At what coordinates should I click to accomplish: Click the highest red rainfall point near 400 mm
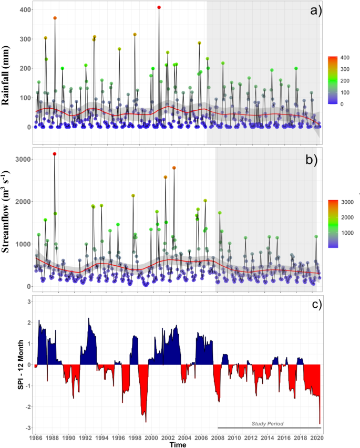click(159, 7)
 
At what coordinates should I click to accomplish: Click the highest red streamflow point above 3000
click(55, 154)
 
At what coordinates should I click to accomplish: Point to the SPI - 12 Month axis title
click(14, 364)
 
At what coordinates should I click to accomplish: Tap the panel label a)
click(315, 11)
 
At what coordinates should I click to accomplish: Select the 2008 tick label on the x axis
click(217, 437)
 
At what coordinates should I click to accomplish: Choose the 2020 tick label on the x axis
click(316, 437)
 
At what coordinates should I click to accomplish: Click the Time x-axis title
click(177, 444)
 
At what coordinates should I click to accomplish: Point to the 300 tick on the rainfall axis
click(24, 39)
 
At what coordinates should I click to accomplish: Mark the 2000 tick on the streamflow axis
click(22, 202)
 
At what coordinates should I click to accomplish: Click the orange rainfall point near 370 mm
click(55, 18)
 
